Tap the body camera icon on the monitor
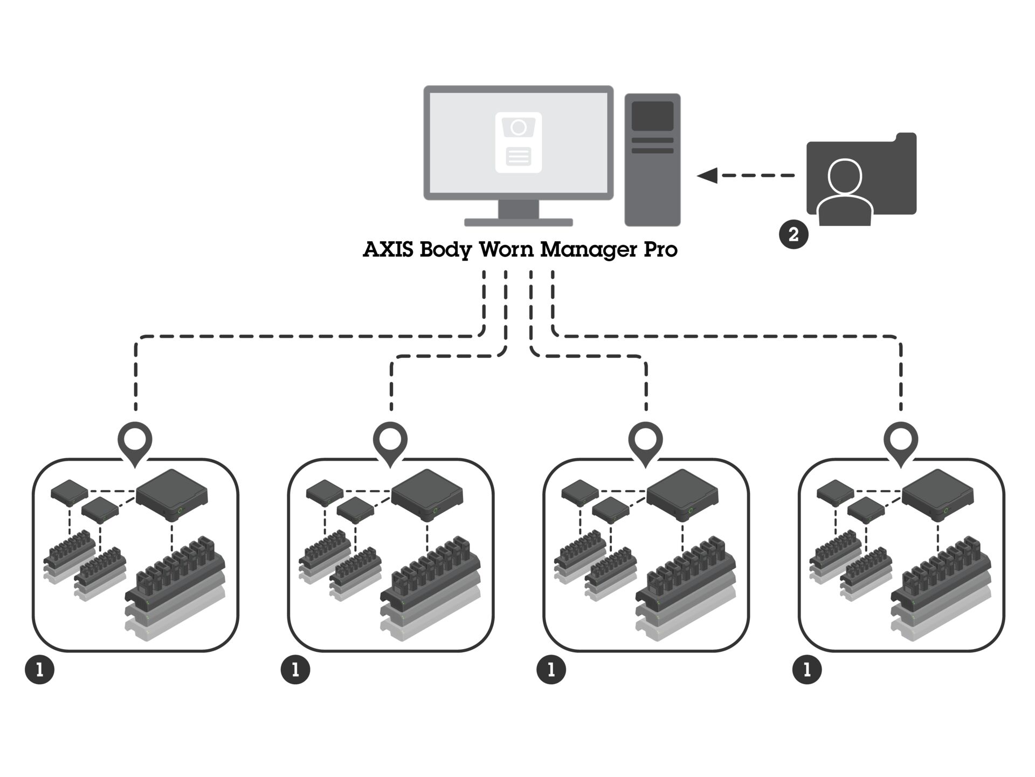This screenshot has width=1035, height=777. pyautogui.click(x=518, y=142)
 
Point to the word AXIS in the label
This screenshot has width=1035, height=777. pyautogui.click(x=388, y=249)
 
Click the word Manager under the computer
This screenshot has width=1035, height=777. pyautogui.click(x=589, y=250)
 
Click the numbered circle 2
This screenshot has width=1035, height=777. pyautogui.click(x=793, y=234)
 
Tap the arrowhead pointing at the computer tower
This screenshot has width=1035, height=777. pyautogui.click(x=707, y=175)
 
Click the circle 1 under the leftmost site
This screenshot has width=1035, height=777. pyautogui.click(x=40, y=670)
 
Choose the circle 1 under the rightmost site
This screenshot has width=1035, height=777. pyautogui.click(x=807, y=670)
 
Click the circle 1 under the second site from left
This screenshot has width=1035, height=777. pyautogui.click(x=295, y=670)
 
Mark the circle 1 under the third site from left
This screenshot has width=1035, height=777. pyautogui.click(x=551, y=670)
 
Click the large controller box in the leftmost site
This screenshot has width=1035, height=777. pyautogui.click(x=172, y=494)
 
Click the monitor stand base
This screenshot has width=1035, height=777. pyautogui.click(x=518, y=222)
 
